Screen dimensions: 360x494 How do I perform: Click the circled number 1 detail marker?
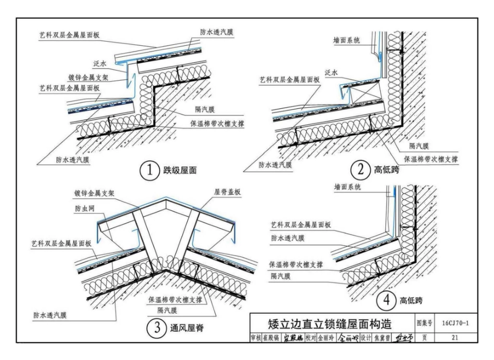coord(150,170)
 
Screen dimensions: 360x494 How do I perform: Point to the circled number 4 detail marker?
coord(385,300)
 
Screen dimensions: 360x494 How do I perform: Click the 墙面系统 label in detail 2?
coord(346,40)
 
